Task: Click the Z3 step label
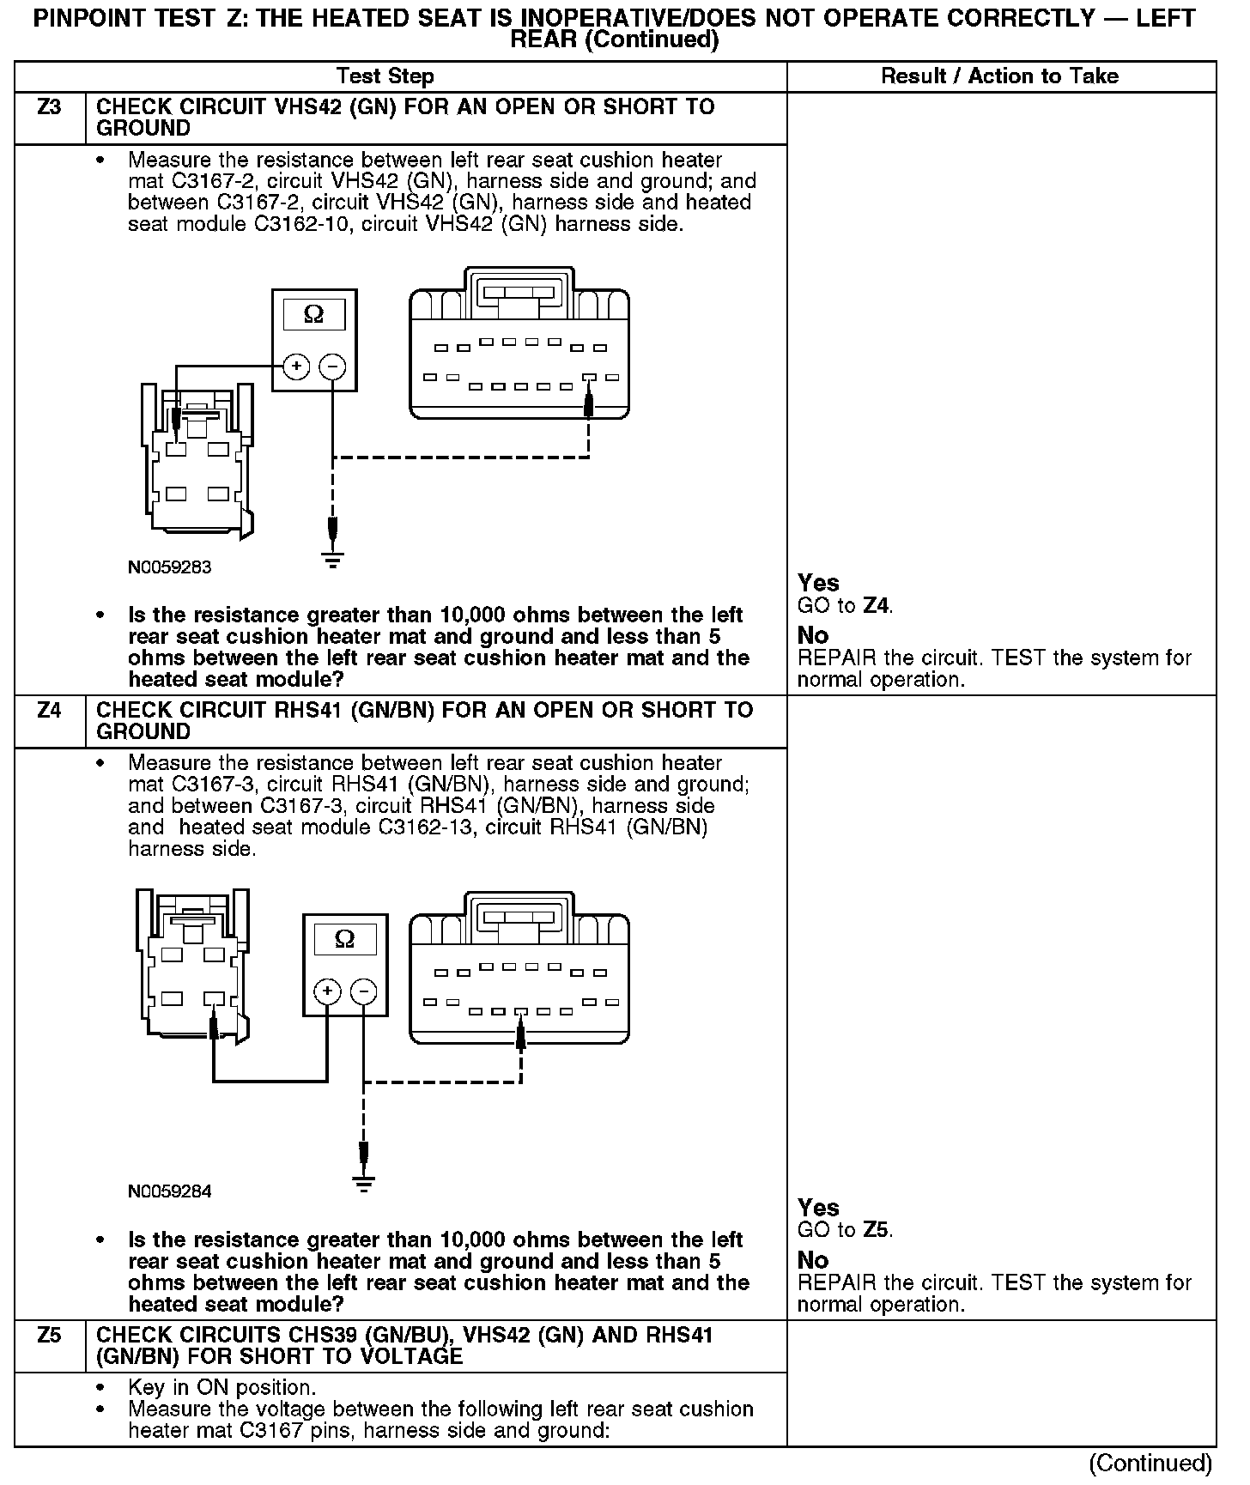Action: pyautogui.click(x=50, y=107)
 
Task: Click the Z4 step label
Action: pyautogui.click(x=50, y=711)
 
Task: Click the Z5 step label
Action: pyautogui.click(x=50, y=1336)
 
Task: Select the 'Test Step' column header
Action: pyautogui.click(x=385, y=76)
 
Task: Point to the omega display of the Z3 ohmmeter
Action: pyautogui.click(x=314, y=315)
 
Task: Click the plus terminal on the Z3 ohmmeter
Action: pyautogui.click(x=296, y=367)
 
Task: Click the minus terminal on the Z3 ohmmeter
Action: pyautogui.click(x=332, y=367)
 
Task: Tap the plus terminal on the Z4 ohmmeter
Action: pyautogui.click(x=327, y=992)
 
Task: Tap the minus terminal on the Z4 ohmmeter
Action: pyautogui.click(x=364, y=992)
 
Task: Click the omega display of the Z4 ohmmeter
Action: pyautogui.click(x=344, y=939)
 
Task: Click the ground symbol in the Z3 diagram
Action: pyautogui.click(x=332, y=561)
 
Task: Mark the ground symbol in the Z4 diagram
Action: pyautogui.click(x=364, y=1185)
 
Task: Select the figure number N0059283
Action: pyautogui.click(x=169, y=567)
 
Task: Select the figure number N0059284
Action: pyautogui.click(x=169, y=1191)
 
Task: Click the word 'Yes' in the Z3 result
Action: pyautogui.click(x=818, y=583)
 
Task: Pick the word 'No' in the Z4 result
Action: pyautogui.click(x=813, y=1260)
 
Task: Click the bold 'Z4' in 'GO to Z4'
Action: pyautogui.click(x=876, y=606)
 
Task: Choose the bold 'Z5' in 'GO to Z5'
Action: pyautogui.click(x=876, y=1230)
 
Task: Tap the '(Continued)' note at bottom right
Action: pyautogui.click(x=1150, y=1463)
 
